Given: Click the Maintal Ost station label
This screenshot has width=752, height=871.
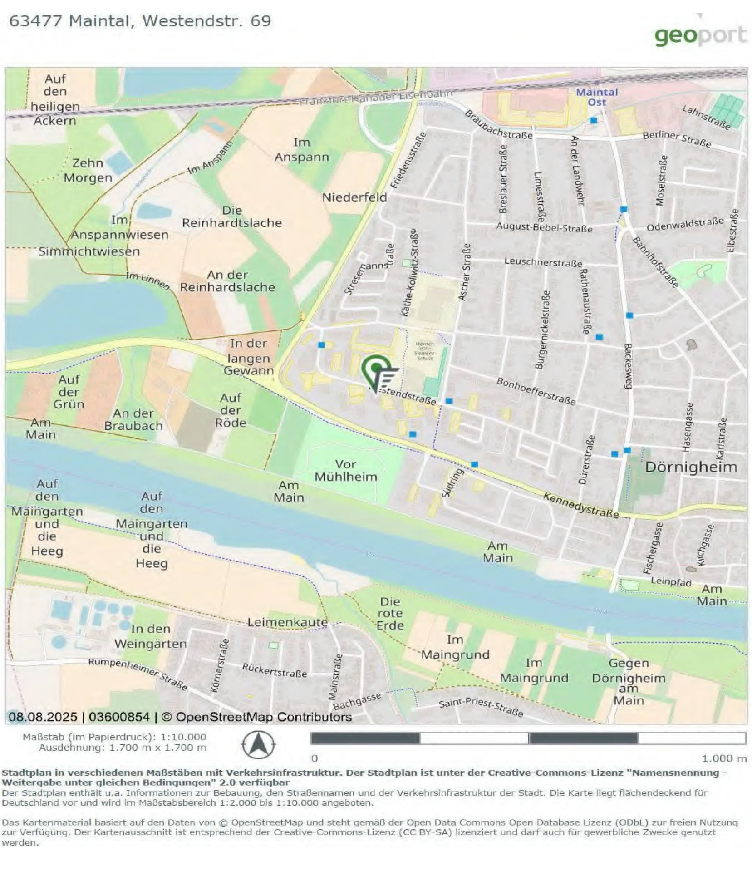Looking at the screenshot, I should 596,97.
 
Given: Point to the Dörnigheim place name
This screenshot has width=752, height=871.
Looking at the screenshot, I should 690,467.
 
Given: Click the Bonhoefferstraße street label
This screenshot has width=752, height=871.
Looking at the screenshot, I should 536,391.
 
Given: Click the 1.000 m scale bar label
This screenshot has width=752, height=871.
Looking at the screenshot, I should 723,758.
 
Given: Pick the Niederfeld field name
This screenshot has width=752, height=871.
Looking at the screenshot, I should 354,197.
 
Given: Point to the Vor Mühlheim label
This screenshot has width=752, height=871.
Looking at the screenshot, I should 345,471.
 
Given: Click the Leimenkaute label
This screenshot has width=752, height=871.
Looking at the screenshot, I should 287,622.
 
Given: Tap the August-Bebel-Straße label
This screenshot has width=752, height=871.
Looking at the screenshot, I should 544,227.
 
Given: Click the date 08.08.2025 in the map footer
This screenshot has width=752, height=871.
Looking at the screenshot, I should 43,717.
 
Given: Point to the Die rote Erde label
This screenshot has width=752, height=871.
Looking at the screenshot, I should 389,613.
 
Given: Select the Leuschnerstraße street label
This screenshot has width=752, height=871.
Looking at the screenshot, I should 543,262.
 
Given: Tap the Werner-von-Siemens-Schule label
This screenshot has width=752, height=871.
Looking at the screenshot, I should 424,351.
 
